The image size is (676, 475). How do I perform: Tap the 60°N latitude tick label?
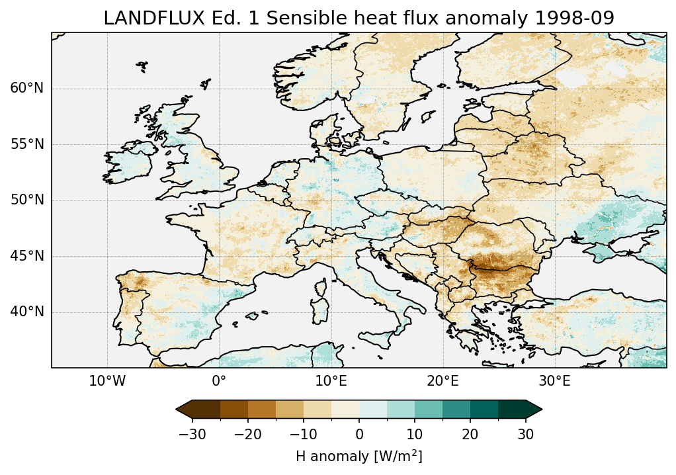(x=27, y=89)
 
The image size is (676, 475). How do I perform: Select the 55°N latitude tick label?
(x=27, y=145)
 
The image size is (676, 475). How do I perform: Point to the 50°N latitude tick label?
(x=27, y=200)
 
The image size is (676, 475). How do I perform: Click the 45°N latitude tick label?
(x=27, y=256)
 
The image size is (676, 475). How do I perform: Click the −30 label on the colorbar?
(x=192, y=434)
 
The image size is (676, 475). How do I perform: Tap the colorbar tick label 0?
(x=359, y=434)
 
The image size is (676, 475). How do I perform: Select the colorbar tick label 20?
(x=470, y=434)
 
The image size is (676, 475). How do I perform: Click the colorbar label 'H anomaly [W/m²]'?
(x=359, y=456)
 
